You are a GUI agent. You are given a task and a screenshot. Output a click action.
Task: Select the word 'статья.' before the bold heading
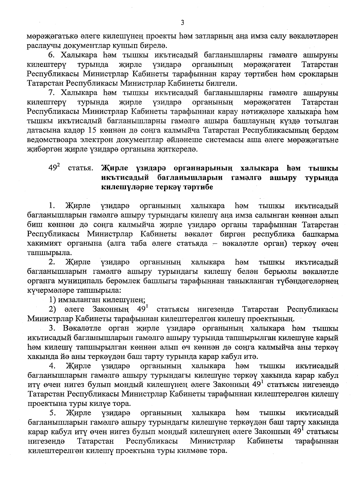(x=80, y=169)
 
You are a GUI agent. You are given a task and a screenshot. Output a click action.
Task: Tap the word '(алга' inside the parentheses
(x=116, y=243)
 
